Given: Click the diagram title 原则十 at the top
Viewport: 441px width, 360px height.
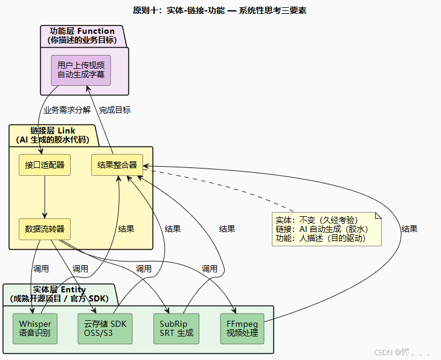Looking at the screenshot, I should pyautogui.click(x=220, y=10).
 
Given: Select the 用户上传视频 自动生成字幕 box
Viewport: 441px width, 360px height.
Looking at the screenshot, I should pyautogui.click(x=80, y=69).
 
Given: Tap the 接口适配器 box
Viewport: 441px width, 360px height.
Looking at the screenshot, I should pyautogui.click(x=45, y=165).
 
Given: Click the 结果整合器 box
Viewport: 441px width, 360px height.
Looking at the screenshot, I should pyautogui.click(x=117, y=165).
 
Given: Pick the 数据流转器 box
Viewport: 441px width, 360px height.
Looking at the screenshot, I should pyautogui.click(x=45, y=229).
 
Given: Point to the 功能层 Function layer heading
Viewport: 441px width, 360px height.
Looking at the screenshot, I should pyautogui.click(x=82, y=36).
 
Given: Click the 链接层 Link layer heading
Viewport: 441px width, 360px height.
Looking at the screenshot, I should pyautogui.click(x=53, y=135).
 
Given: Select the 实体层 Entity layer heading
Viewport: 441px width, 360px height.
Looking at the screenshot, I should pyautogui.click(x=59, y=294).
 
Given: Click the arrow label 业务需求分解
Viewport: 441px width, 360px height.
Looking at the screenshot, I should pyautogui.click(x=67, y=110).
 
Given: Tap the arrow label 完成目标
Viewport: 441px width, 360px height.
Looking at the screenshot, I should pyautogui.click(x=115, y=110).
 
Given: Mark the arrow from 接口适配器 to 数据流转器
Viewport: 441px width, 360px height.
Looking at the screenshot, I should pyautogui.click(x=45, y=197).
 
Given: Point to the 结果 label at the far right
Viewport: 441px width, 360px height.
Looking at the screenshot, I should pyautogui.click(x=409, y=229).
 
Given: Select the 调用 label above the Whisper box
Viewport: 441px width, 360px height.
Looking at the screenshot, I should pyautogui.click(x=40, y=269).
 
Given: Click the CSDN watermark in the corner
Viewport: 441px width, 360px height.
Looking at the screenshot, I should pyautogui.click(x=402, y=352).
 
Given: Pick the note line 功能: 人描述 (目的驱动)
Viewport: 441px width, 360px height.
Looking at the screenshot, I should pyautogui.click(x=321, y=239).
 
